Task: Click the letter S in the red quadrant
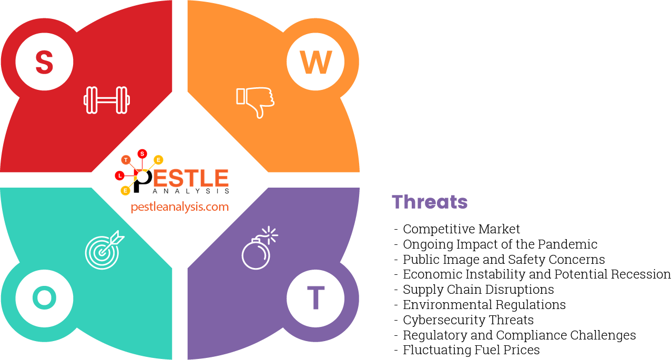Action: click(x=44, y=62)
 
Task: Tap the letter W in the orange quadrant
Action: click(x=315, y=62)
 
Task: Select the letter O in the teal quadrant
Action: click(x=44, y=298)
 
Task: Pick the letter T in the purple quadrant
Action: click(x=315, y=298)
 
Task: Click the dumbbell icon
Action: click(x=107, y=100)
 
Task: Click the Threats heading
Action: click(x=430, y=202)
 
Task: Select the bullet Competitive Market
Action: click(x=461, y=229)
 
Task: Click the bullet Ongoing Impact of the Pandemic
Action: click(x=500, y=244)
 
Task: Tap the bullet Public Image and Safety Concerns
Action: click(x=503, y=260)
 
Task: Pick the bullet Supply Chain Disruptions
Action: click(x=478, y=290)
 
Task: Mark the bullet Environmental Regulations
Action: click(x=484, y=305)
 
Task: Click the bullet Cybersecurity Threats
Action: click(x=468, y=320)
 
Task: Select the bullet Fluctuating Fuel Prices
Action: click(x=471, y=350)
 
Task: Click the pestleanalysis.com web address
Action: click(x=180, y=207)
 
